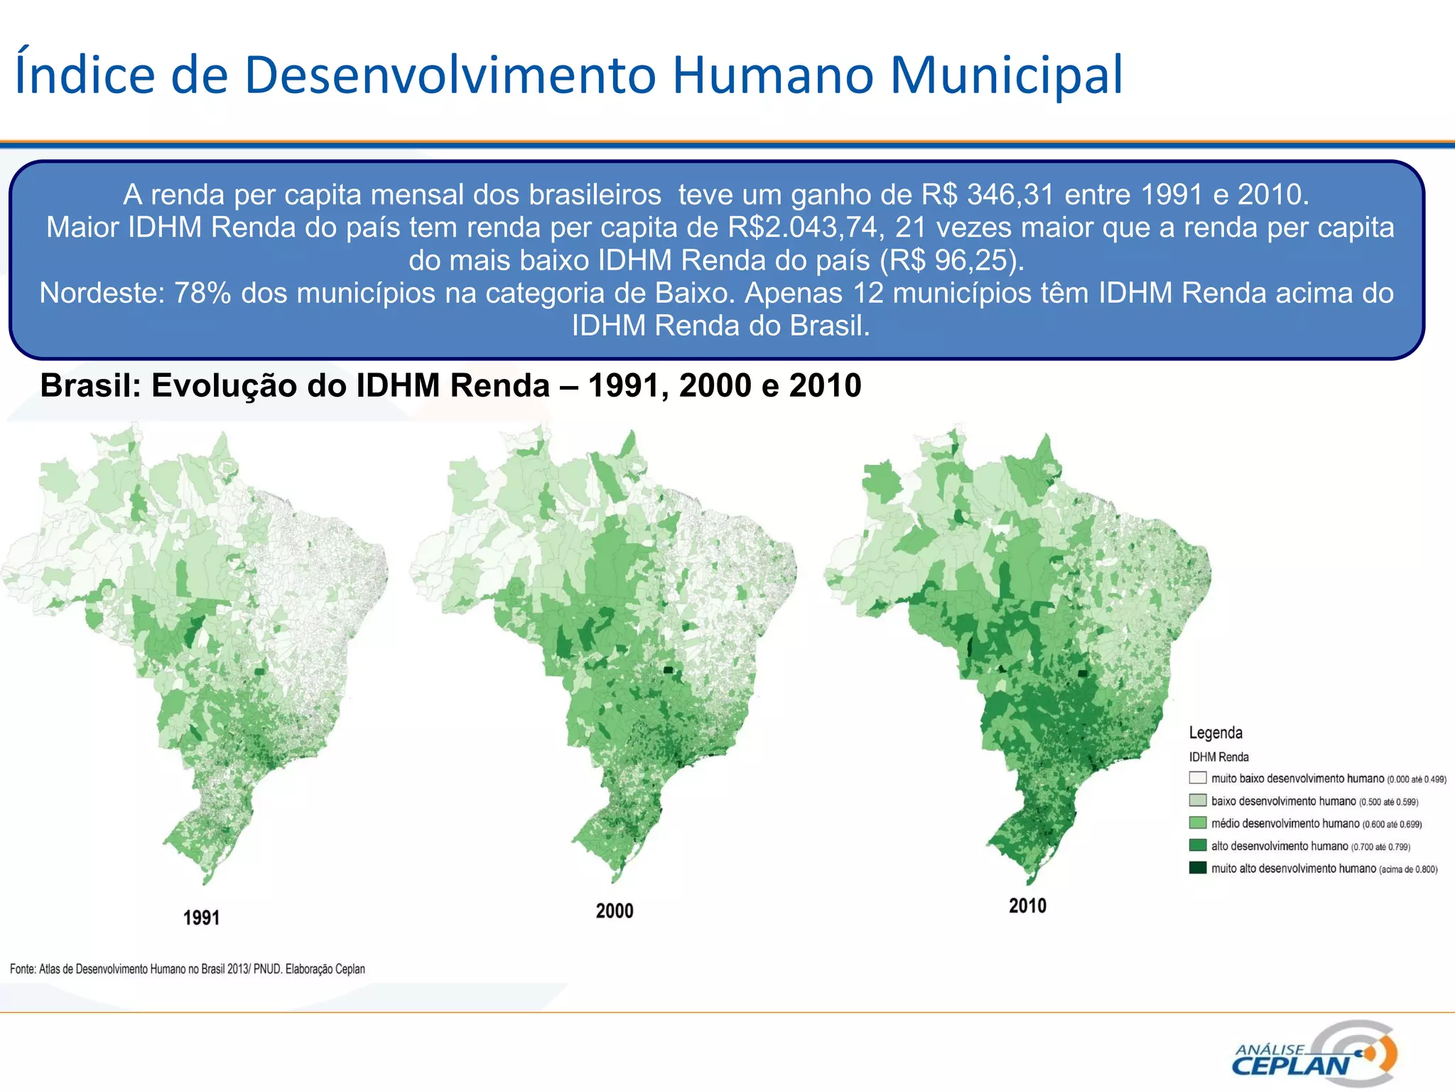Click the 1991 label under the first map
(x=201, y=918)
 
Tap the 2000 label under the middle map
(x=615, y=911)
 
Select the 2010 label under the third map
(x=1027, y=906)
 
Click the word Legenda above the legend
(x=1216, y=733)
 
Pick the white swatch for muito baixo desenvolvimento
(x=1198, y=778)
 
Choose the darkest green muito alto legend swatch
(x=1198, y=868)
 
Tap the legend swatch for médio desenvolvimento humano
(x=1198, y=823)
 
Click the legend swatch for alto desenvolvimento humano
(x=1198, y=845)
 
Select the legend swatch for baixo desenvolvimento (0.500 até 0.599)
(x=1198, y=801)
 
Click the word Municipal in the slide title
(x=1006, y=75)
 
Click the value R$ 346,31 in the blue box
(x=988, y=194)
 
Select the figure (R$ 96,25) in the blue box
(x=952, y=260)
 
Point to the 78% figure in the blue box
(x=202, y=293)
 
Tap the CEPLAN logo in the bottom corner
(x=1314, y=1054)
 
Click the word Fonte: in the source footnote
(x=22, y=969)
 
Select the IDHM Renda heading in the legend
(x=1218, y=757)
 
